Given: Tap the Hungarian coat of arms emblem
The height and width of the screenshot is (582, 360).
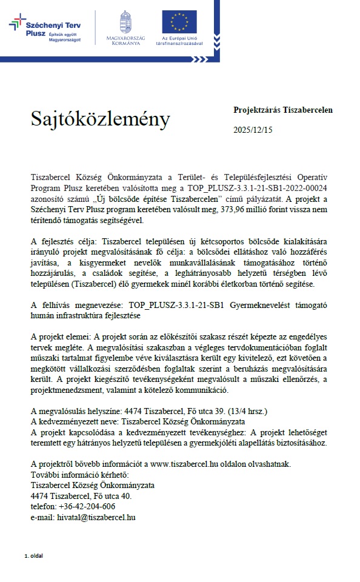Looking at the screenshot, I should [x=125, y=21].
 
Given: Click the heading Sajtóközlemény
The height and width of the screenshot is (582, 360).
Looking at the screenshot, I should [x=101, y=119].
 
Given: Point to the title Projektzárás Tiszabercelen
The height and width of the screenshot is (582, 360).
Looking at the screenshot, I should [x=282, y=110].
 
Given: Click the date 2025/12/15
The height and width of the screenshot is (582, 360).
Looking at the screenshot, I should [x=253, y=130].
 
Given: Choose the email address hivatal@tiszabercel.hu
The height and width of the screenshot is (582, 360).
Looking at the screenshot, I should [x=95, y=517].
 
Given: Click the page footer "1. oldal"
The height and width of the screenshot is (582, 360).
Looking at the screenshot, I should [x=33, y=555].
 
